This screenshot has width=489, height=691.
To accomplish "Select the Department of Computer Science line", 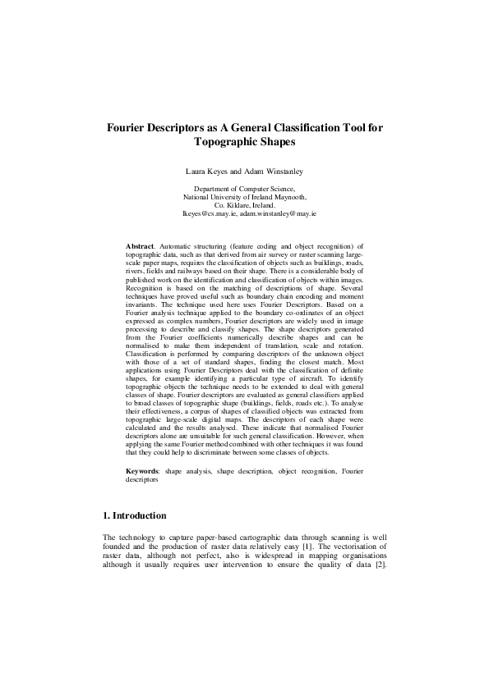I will (x=243, y=189).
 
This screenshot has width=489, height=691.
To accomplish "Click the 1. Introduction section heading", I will (x=134, y=516).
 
